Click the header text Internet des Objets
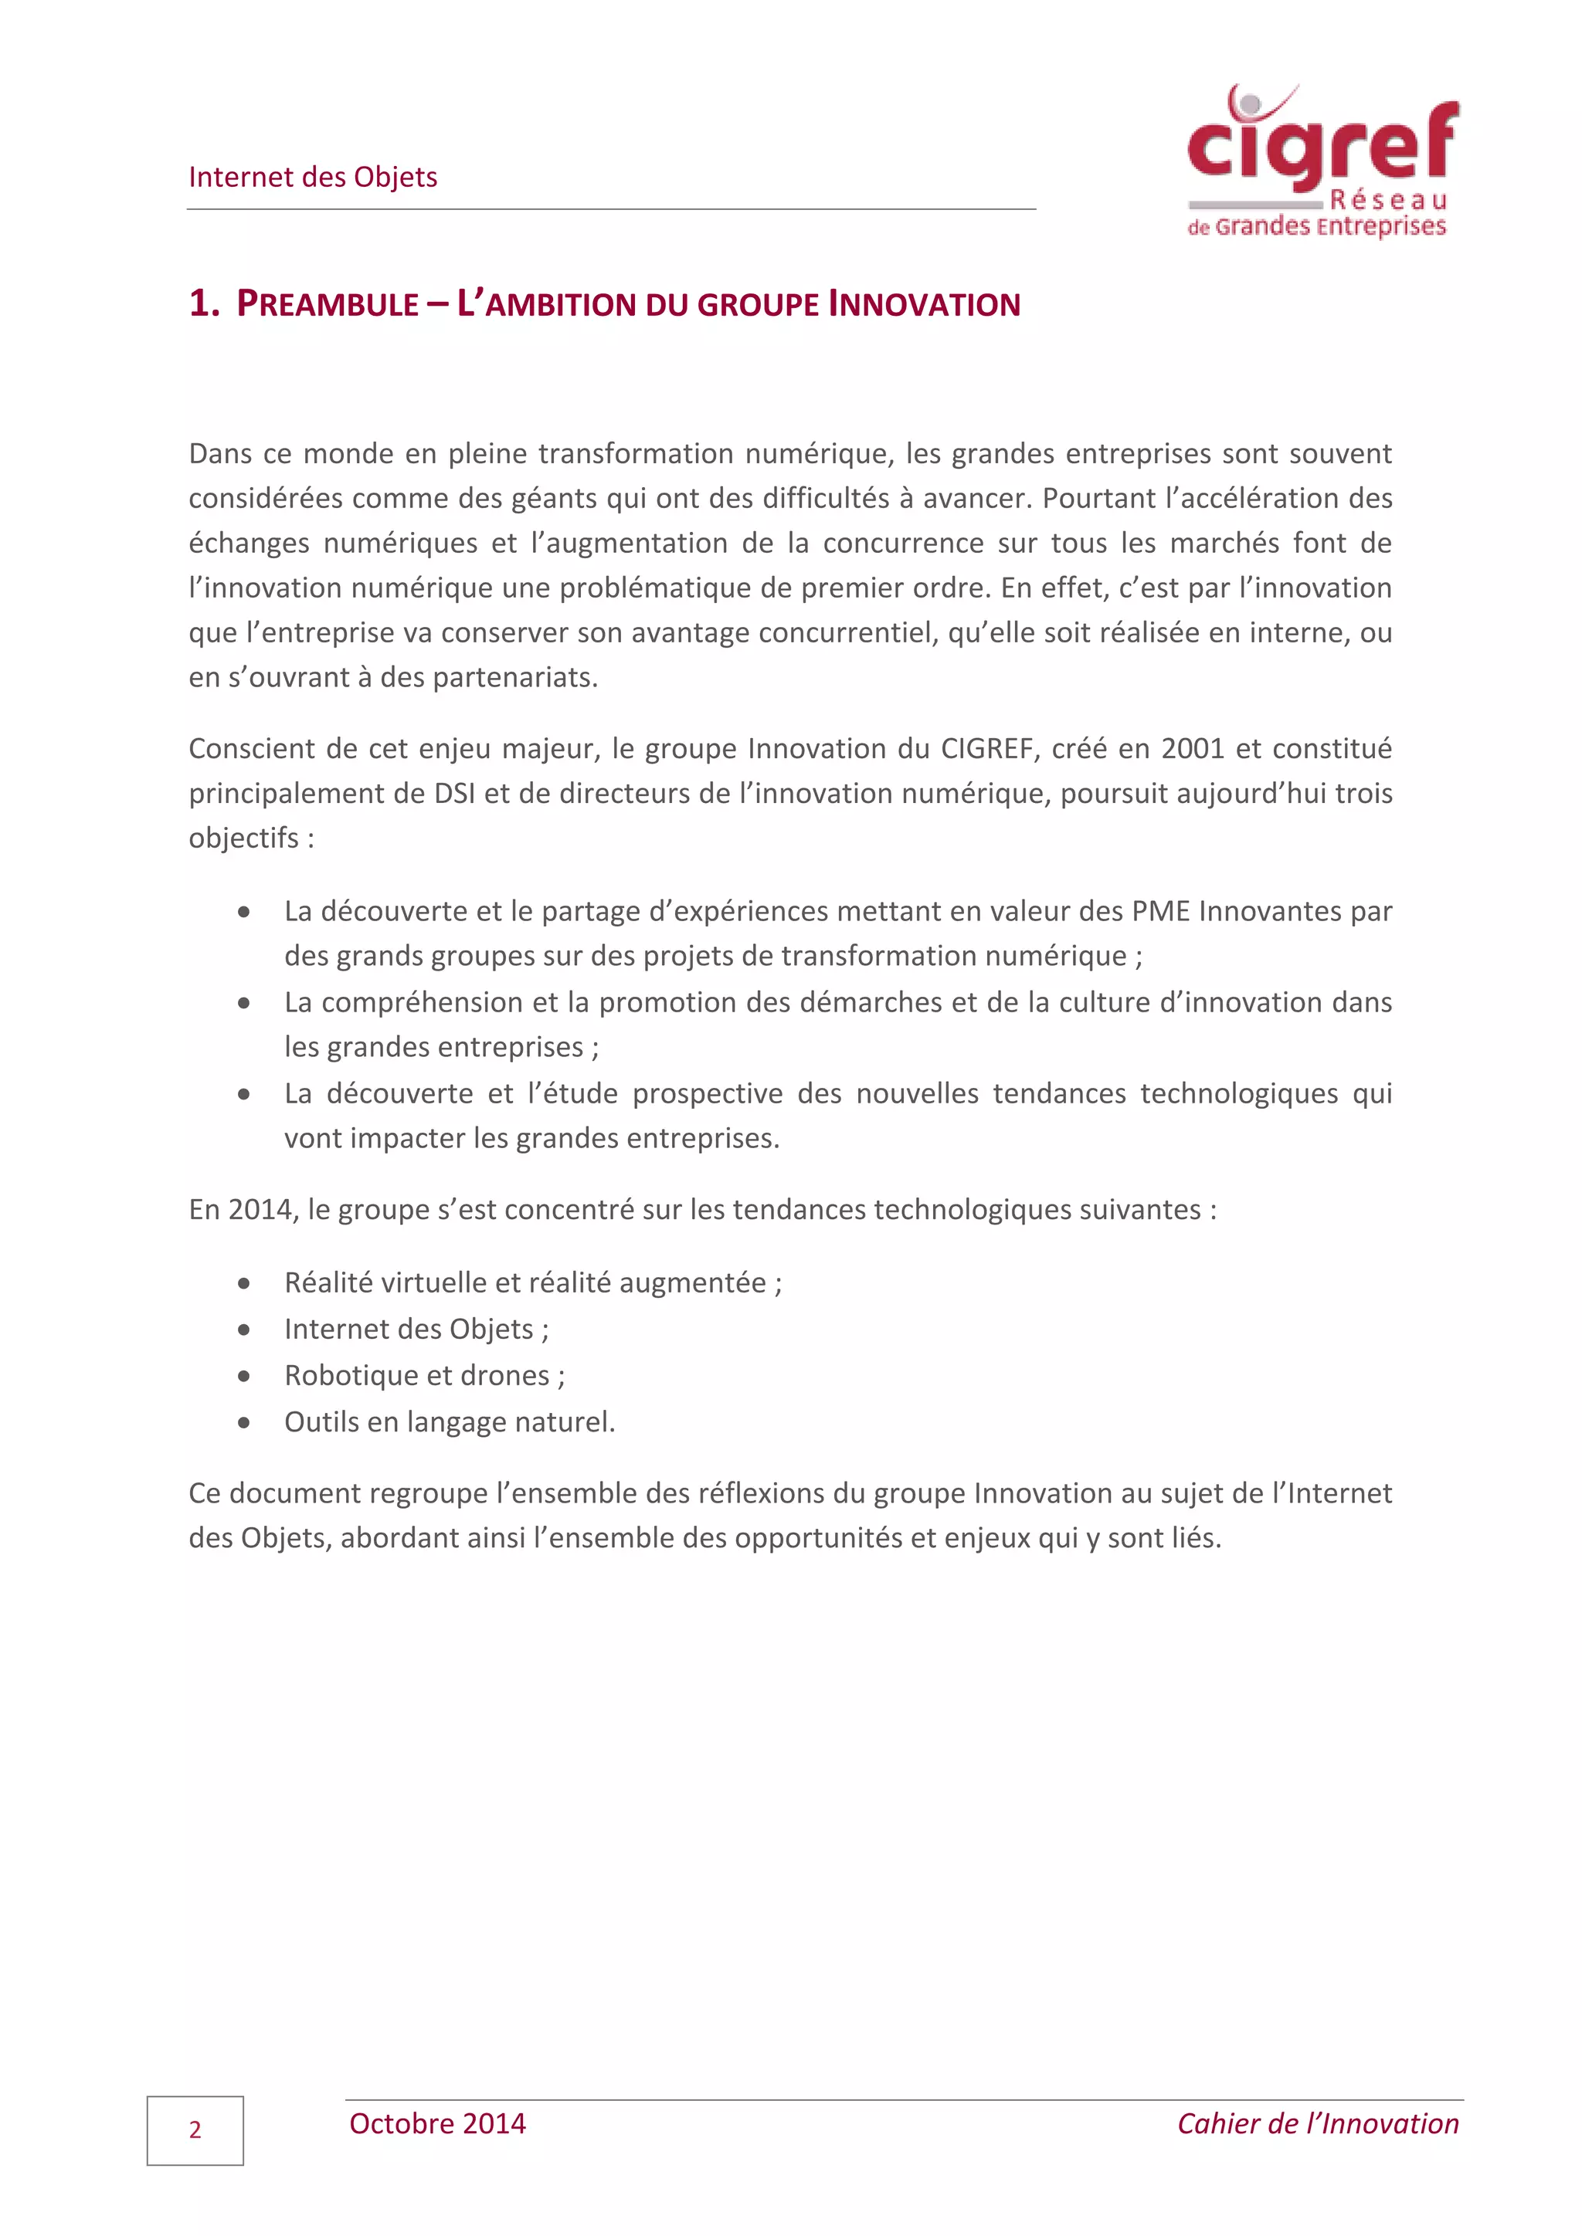pos(313,178)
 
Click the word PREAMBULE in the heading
pos(328,304)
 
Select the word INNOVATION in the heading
pos(924,304)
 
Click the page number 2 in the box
pos(195,2130)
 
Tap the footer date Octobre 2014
pos(437,2123)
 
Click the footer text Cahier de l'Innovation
pos(1317,2123)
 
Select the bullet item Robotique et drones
pos(424,1375)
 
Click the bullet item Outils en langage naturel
pos(449,1422)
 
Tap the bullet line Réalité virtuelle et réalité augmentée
pos(532,1282)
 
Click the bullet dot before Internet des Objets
pos(243,1330)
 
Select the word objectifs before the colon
pos(243,838)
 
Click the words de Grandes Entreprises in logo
pos(1316,227)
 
